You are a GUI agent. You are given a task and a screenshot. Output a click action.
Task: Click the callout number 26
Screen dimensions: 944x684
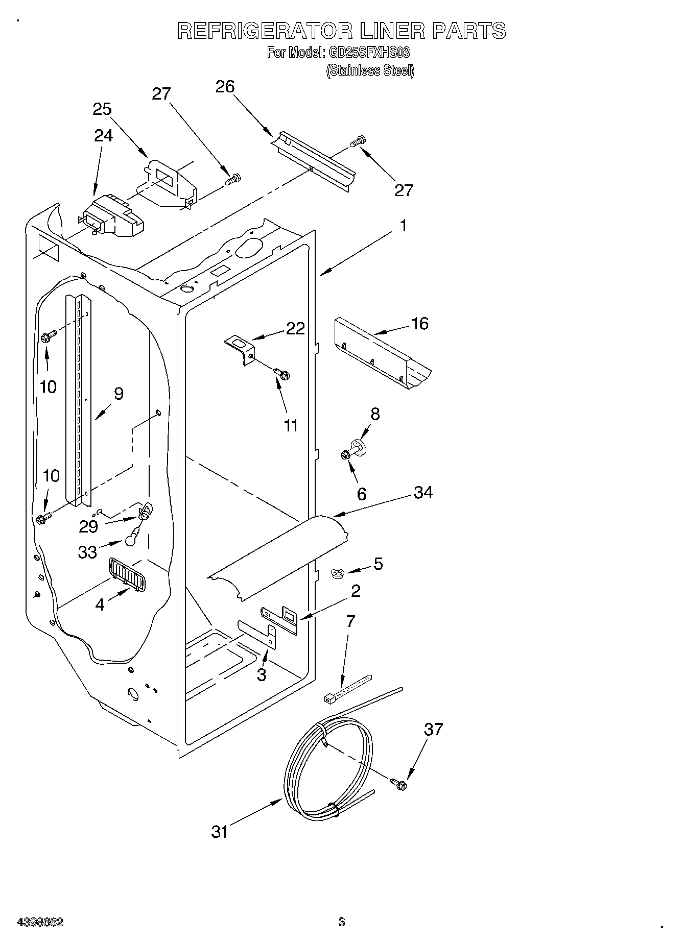point(225,87)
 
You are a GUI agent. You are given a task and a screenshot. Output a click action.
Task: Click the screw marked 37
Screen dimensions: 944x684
point(399,784)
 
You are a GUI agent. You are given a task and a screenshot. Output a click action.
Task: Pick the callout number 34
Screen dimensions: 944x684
point(423,493)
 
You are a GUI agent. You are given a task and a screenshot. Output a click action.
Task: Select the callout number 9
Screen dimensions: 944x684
point(119,394)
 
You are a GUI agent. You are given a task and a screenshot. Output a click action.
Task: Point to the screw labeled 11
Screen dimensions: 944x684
point(281,374)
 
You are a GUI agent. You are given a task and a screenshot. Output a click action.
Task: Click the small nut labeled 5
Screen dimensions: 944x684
point(337,574)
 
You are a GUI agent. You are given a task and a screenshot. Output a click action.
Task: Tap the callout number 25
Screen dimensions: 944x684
point(102,109)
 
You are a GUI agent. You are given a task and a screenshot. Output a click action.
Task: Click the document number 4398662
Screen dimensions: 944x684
point(40,922)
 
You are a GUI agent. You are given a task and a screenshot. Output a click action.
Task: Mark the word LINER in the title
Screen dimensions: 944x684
point(392,31)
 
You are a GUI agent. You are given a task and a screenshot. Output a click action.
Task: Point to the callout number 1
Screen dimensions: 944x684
point(403,226)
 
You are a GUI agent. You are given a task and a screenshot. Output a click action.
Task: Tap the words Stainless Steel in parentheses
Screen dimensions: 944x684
point(370,70)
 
